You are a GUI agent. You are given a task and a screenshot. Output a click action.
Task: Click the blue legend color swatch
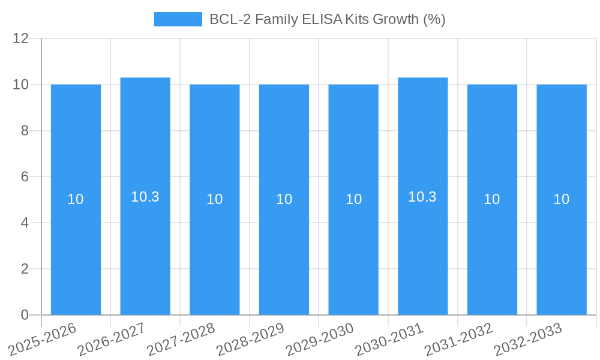click(178, 19)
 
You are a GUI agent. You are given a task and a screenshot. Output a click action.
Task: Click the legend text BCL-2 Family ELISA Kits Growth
click(327, 19)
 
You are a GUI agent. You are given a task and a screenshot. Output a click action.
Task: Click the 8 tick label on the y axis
click(25, 131)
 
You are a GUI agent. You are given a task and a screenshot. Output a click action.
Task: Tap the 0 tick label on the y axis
click(25, 315)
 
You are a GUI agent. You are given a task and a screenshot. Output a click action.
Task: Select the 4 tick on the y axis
click(25, 223)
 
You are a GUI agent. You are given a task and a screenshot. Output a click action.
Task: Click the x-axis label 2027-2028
click(182, 339)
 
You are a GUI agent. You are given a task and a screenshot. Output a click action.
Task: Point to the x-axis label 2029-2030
click(320, 339)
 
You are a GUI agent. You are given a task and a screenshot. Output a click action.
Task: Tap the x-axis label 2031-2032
click(459, 339)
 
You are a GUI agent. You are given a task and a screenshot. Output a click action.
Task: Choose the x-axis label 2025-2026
click(43, 339)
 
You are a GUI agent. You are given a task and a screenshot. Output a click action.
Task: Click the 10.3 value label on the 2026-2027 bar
click(145, 197)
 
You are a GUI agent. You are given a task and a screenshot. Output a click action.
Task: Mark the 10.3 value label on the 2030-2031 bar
click(422, 197)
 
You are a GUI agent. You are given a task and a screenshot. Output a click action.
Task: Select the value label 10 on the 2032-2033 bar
click(562, 199)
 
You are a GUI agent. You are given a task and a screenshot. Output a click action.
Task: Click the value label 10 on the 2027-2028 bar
click(215, 199)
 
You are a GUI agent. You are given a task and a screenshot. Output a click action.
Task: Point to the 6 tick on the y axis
click(25, 177)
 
